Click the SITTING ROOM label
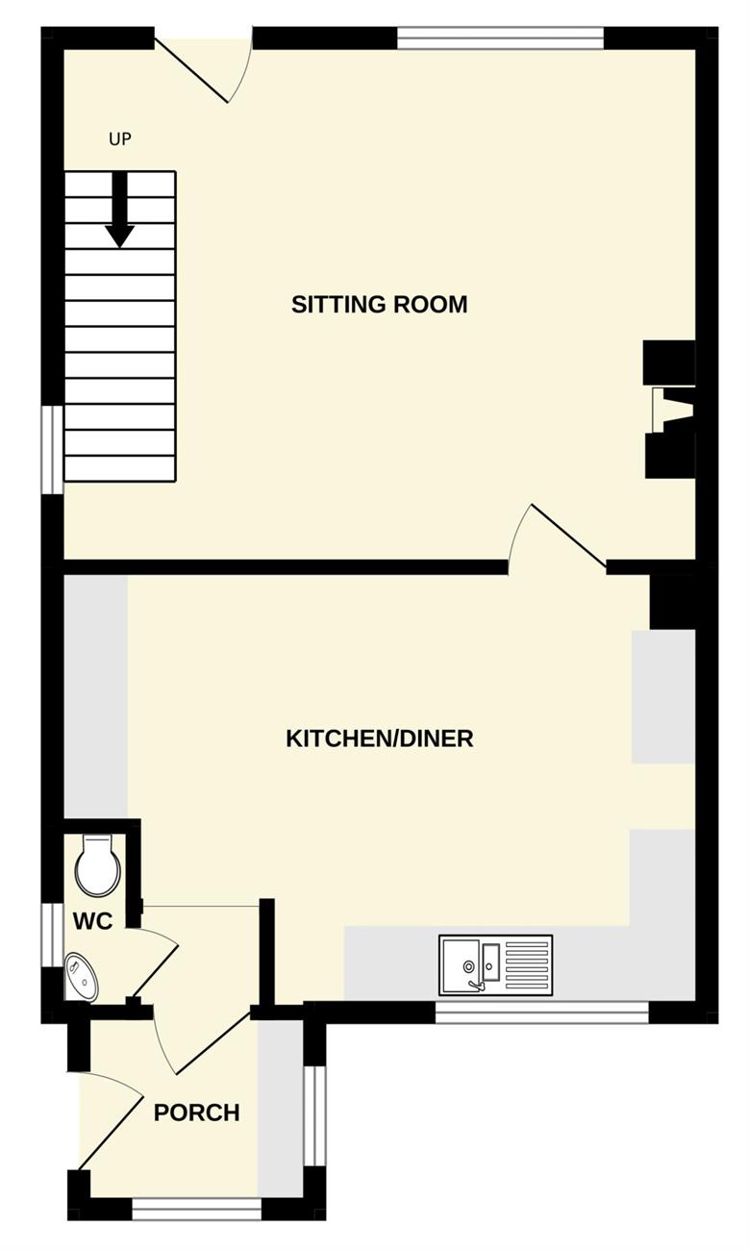[380, 305]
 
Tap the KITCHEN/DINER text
[380, 738]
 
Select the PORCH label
[197, 1112]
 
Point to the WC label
[92, 921]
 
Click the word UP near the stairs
[120, 139]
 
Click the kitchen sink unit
[495, 964]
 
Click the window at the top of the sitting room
[501, 38]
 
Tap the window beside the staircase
[53, 449]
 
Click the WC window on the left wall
[53, 935]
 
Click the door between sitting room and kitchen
[557, 537]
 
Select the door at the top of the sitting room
[204, 64]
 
